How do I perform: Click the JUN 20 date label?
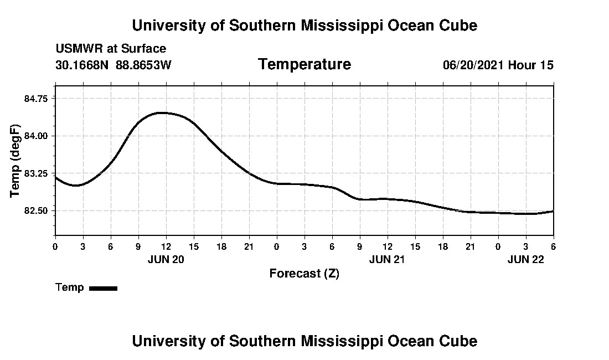(166, 259)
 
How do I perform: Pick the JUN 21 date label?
(388, 259)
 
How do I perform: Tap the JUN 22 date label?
(526, 259)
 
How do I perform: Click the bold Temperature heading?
(304, 64)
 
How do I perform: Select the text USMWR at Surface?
(111, 49)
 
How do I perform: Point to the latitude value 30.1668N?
(82, 65)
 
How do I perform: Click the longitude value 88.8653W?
(143, 65)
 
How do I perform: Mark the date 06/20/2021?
(473, 65)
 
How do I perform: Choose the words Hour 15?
(531, 65)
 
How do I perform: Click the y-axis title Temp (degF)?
(15, 160)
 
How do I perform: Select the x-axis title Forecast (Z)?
(304, 274)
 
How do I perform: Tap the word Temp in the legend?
(70, 287)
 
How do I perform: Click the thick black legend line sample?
(103, 288)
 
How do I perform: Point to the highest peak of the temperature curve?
(161, 112)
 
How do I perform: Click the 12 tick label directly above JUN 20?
(166, 246)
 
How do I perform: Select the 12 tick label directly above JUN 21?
(388, 246)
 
